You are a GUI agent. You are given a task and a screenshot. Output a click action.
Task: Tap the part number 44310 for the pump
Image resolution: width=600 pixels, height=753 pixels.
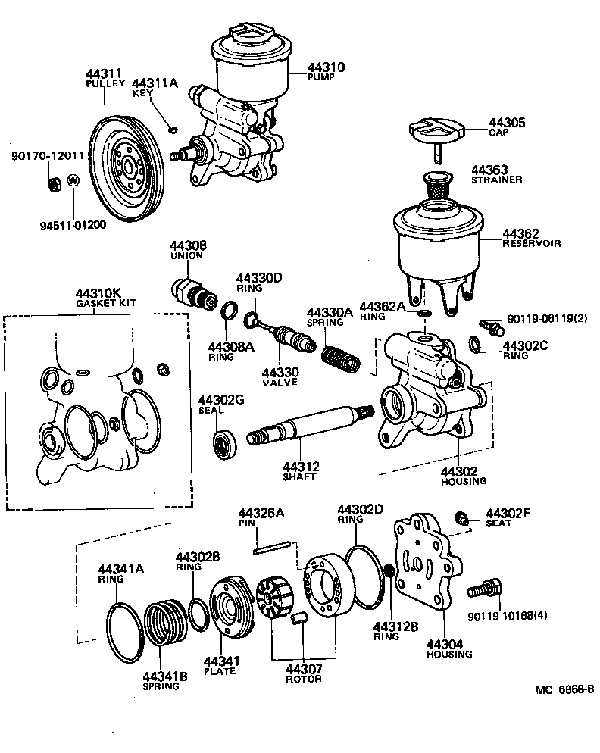coord(327,67)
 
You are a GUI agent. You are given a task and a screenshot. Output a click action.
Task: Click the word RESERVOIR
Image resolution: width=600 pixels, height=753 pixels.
coord(531,244)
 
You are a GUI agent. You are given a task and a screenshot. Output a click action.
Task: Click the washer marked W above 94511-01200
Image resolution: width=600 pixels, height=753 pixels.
coord(73,180)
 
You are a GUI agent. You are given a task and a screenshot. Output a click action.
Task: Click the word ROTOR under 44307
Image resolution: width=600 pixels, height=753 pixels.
coord(303,678)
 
